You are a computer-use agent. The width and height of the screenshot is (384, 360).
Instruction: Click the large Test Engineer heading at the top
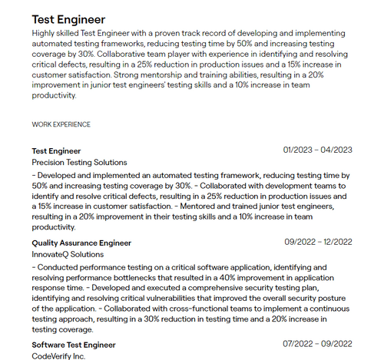68,19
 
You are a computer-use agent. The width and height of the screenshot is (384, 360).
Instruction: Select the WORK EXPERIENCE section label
61,124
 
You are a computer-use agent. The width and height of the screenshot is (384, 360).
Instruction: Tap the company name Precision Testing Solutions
79,163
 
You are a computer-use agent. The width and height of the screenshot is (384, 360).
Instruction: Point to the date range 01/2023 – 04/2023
317,150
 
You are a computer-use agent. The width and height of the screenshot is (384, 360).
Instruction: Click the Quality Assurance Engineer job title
81,243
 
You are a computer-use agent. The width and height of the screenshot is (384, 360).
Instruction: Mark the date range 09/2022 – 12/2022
317,243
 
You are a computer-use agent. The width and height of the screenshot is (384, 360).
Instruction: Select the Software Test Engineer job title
74,345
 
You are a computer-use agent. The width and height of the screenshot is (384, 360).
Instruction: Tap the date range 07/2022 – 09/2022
317,345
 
